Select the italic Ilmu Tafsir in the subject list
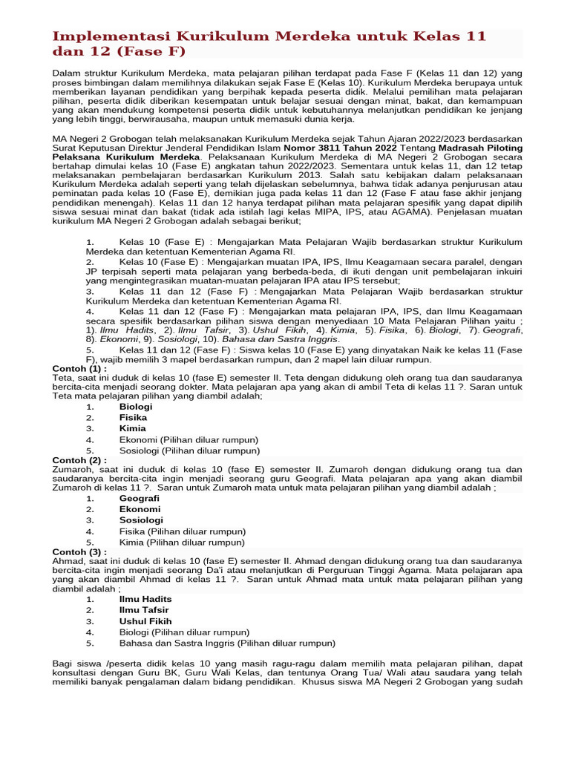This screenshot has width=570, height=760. coord(200,329)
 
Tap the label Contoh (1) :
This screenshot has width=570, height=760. coord(80,368)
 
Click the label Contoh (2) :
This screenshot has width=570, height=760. coord(80,460)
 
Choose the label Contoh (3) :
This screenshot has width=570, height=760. coord(80,552)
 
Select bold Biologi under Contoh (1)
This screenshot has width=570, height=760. coord(136,407)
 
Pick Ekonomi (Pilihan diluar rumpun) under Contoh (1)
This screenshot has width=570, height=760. coord(189,439)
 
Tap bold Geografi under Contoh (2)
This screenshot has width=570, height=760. coord(140,499)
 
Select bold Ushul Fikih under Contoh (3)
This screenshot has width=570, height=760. coord(145,621)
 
